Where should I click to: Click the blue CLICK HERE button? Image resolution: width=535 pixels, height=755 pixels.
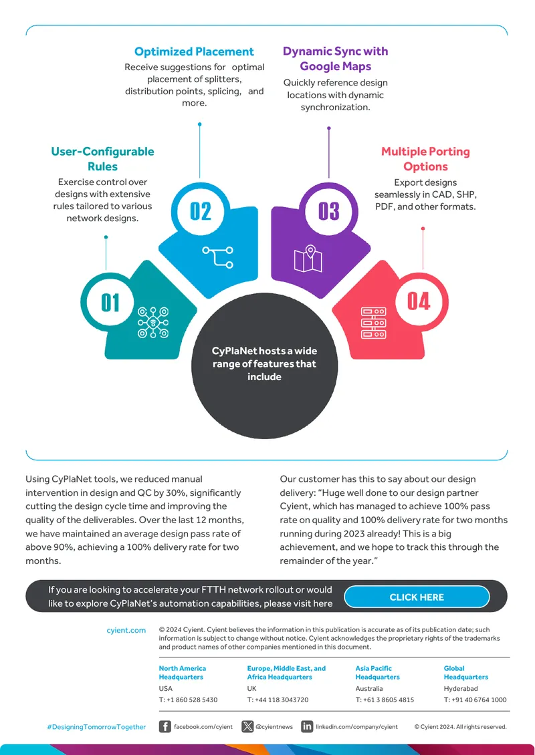[417, 597]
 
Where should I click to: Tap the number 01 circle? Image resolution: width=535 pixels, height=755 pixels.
[110, 303]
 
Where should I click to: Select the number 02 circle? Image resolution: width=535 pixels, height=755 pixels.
[200, 211]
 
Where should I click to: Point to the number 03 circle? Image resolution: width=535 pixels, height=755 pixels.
[329, 211]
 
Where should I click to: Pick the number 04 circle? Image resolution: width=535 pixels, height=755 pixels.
[419, 302]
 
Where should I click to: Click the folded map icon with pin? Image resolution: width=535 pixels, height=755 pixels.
[308, 259]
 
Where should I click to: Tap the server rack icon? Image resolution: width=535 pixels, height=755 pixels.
[374, 323]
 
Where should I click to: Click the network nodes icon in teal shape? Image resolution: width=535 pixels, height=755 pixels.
[152, 322]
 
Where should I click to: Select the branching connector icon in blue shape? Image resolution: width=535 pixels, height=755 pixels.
[218, 257]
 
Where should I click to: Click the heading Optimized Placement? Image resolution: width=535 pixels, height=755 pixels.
[194, 51]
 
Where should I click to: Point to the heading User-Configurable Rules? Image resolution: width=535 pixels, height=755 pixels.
[103, 159]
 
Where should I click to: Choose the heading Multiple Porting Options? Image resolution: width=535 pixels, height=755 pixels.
[425, 159]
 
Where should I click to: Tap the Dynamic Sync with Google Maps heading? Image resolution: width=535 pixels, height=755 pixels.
[336, 59]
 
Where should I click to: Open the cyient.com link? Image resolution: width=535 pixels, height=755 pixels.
[126, 630]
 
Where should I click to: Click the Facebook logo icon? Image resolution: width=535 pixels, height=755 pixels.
[165, 726]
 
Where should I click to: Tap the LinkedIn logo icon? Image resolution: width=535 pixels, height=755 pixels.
[307, 726]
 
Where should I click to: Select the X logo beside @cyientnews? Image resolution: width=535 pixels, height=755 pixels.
[247, 726]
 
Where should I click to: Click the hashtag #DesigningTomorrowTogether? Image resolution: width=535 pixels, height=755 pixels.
[96, 727]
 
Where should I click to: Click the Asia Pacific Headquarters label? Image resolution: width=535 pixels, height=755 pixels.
[378, 673]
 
